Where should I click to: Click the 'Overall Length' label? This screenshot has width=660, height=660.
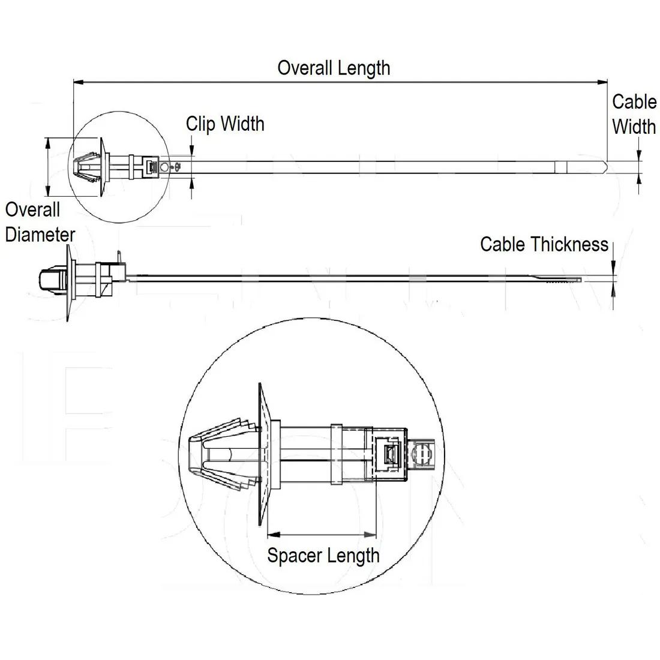coord(334,68)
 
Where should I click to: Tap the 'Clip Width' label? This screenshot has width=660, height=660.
coord(225,124)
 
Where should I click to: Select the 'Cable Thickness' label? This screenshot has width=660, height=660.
coord(544,244)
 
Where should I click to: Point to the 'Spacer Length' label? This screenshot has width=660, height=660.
coord(323,555)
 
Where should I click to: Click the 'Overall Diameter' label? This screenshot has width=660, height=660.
coord(40,222)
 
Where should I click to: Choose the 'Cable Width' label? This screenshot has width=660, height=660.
coord(634,114)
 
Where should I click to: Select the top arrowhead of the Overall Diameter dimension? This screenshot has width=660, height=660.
coord(48,142)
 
